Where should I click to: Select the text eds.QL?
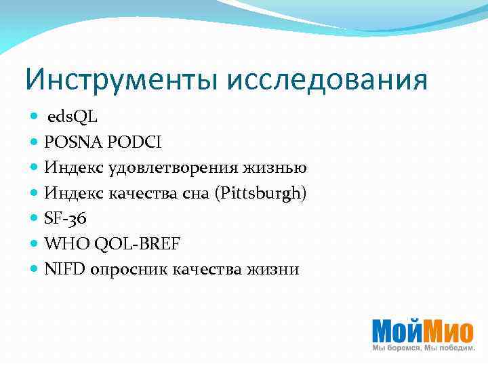click(x=73, y=117)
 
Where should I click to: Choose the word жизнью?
click(x=280, y=167)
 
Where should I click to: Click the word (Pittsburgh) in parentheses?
click(x=261, y=193)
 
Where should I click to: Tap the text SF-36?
click(x=66, y=218)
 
